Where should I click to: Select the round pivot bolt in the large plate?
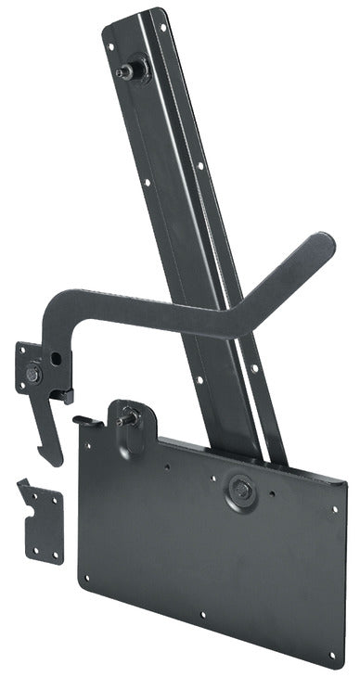coord(241,489)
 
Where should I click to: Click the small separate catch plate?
coord(43,523)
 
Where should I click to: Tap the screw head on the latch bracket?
coord(33,374)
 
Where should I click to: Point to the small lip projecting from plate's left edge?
coord(86,420)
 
